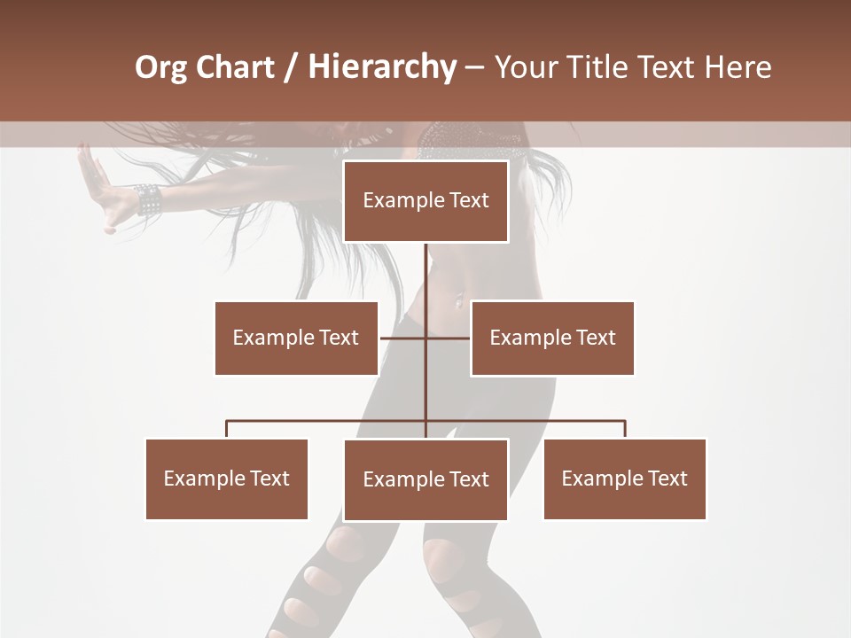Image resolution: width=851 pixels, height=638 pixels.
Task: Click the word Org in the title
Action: click(160, 67)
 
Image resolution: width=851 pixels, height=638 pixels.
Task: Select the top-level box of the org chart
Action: click(425, 201)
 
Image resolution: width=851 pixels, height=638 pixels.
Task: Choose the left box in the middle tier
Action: click(296, 338)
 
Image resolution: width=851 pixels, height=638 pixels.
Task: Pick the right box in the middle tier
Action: click(552, 338)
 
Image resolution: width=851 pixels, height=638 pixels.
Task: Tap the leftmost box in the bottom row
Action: click(227, 478)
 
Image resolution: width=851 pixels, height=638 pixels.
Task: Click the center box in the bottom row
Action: click(425, 479)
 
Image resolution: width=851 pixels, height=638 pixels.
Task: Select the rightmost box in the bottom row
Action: click(625, 478)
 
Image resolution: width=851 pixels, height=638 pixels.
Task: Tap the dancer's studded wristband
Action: click(148, 199)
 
